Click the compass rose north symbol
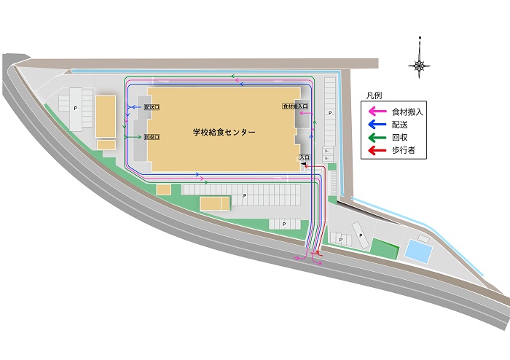tap(420, 65)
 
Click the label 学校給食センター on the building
tap(224, 133)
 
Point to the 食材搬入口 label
tap(296, 106)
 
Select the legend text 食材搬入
tap(407, 111)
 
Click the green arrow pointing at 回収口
tap(136, 136)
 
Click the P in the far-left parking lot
tap(76, 108)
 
